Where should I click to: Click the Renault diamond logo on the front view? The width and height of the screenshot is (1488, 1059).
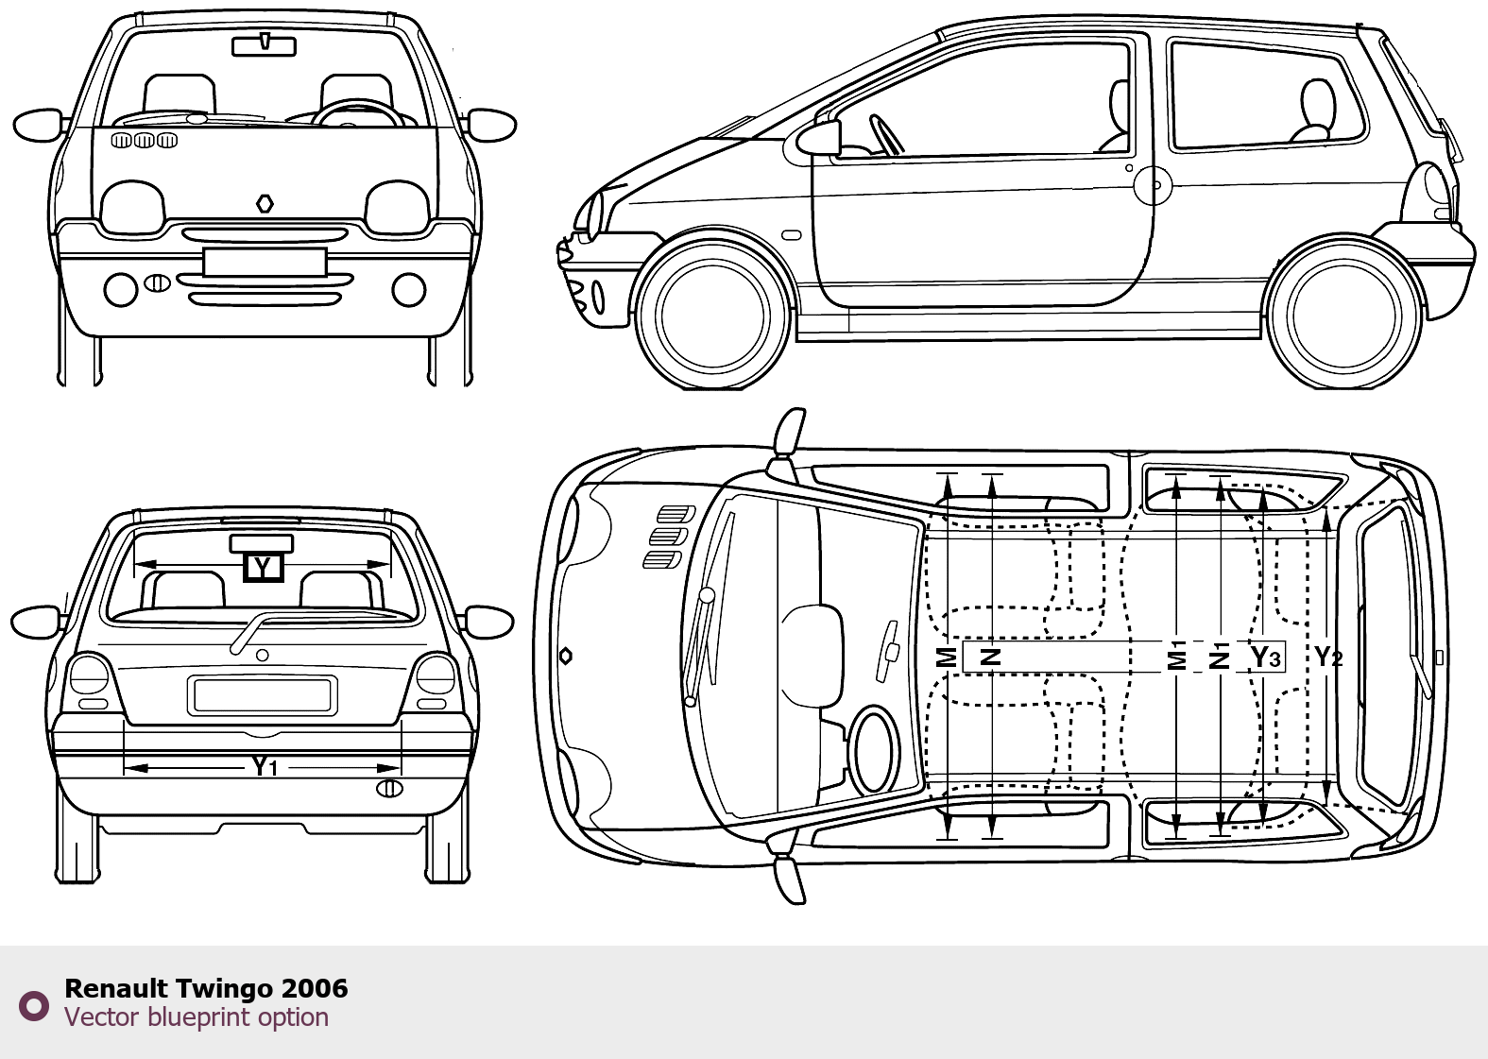point(265,204)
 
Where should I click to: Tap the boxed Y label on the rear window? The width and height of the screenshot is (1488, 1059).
point(264,568)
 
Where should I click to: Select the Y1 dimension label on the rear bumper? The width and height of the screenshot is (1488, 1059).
point(265,767)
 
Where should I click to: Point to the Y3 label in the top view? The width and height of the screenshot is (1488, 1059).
point(1266,658)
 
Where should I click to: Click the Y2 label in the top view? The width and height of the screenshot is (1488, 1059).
point(1329,658)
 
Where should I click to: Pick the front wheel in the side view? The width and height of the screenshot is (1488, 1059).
point(713,315)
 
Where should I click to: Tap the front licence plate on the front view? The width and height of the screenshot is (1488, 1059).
point(265,262)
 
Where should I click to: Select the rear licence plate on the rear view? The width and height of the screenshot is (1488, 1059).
point(263,695)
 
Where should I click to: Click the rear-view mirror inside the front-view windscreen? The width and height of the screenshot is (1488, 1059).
point(265,46)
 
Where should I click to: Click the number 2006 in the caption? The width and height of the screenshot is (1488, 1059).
point(315,988)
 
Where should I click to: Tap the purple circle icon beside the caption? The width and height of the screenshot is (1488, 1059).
point(34,1006)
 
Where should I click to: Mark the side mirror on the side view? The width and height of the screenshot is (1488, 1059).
point(819,139)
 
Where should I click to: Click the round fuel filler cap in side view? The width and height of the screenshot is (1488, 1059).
point(1154,185)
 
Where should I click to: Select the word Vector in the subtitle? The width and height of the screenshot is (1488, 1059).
point(102,1017)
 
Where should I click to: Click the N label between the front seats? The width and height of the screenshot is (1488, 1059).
point(991,658)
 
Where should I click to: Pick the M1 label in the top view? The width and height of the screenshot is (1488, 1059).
point(1176,657)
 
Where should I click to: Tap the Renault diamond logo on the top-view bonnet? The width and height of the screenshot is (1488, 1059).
point(565,657)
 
